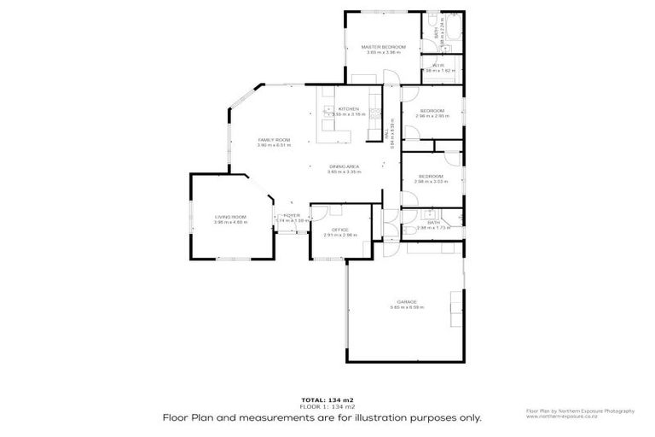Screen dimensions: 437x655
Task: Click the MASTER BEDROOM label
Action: click(383, 46)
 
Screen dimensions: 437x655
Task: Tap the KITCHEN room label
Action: click(348, 109)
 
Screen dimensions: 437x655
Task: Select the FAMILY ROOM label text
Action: click(275, 140)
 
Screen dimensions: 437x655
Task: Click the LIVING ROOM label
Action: click(230, 217)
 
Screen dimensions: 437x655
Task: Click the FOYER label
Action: click(293, 216)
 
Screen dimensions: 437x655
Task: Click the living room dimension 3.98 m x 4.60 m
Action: click(230, 223)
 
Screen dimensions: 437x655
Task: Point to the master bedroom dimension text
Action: click(383, 52)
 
